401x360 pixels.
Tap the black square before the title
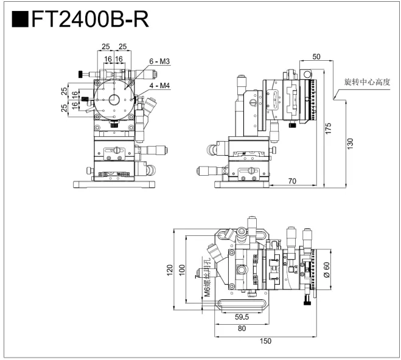[20, 20]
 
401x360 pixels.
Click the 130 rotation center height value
[349, 143]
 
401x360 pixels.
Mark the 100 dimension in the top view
[181, 269]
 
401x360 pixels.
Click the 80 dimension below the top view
[242, 328]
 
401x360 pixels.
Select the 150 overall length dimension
[265, 341]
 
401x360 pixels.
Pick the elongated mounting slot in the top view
[241, 299]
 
